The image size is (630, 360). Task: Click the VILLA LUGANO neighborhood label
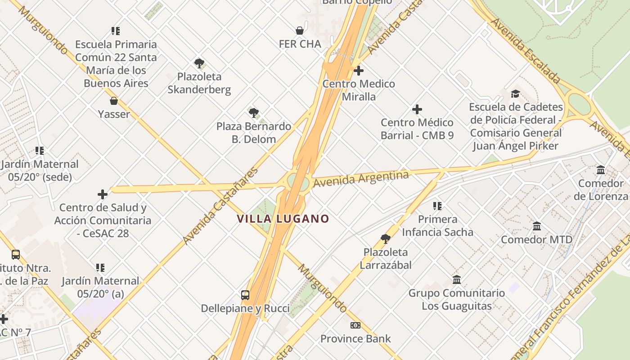283,219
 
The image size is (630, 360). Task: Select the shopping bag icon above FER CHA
300,31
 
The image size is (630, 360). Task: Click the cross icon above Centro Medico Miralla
359,71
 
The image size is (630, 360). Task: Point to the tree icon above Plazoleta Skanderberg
199,63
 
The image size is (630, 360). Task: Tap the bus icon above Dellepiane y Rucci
245,295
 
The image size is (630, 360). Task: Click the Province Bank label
355,338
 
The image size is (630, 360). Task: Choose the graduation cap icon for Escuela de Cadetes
515,94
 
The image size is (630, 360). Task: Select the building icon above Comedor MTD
536,226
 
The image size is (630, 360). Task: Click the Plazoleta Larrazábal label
386,259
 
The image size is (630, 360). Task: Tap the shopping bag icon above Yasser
114,101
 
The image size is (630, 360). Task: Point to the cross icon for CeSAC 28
103,194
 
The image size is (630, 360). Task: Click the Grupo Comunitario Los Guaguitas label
456,300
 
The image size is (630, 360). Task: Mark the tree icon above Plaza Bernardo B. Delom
254,112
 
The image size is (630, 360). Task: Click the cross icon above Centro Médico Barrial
417,109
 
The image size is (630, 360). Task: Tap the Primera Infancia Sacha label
437,225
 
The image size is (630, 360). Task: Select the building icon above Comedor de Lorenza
601,170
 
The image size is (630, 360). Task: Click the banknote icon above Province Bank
355,325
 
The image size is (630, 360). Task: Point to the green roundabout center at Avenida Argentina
298,183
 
